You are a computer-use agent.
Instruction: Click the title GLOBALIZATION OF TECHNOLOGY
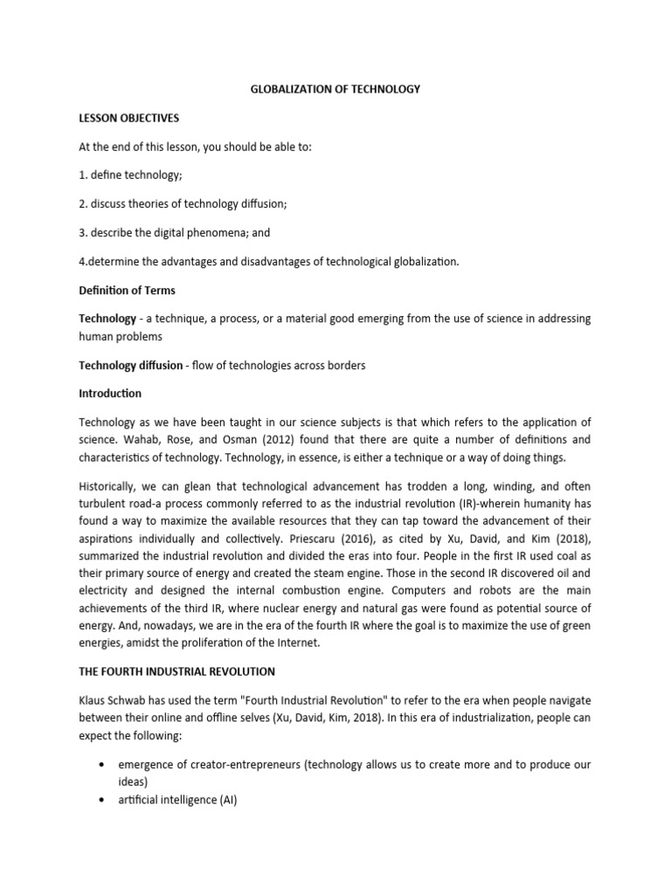335,89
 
